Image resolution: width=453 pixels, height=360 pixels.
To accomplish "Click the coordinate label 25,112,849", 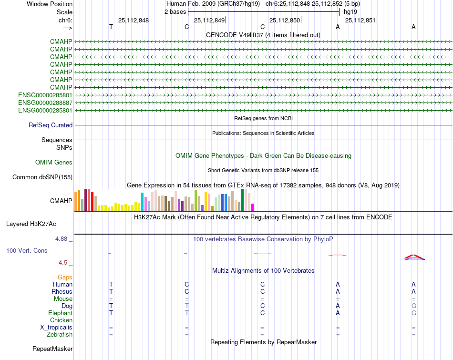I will (209, 20).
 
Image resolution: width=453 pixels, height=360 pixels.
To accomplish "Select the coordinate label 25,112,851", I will (360, 20).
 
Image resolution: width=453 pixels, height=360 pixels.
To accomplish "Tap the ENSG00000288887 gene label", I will (45, 103).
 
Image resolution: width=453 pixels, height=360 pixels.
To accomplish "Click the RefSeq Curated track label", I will (51, 125).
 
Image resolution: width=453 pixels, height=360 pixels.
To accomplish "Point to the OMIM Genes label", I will (54, 163).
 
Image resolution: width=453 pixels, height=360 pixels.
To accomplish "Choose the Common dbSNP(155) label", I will (42, 177).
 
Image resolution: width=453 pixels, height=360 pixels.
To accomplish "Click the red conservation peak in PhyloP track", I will (414, 256).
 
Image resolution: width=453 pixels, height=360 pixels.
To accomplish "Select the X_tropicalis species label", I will (56, 328).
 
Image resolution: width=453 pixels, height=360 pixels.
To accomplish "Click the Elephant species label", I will (60, 313).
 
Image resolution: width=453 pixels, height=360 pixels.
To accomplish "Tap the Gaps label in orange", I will (65, 277).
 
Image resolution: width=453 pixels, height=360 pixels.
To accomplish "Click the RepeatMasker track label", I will (52, 349).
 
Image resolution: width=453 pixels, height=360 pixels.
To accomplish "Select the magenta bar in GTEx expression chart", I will (253, 207).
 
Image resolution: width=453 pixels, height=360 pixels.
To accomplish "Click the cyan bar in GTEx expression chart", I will (143, 202).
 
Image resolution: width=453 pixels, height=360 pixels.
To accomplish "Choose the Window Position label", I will (50, 4).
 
